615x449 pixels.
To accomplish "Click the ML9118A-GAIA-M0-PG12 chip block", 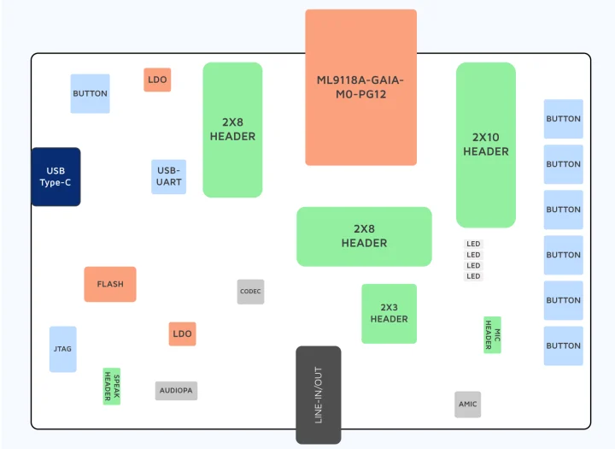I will pos(360,87).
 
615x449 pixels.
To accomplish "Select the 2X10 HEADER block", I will pos(485,145).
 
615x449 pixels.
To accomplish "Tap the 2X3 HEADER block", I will pos(389,314).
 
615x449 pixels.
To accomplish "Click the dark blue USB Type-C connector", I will pos(56,176).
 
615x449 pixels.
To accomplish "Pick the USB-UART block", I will pos(168,177).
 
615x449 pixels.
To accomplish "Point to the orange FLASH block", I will pos(109,284).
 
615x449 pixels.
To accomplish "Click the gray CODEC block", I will pos(250,292).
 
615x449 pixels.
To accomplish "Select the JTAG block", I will pos(62,349).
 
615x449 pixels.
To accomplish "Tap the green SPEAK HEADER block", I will pos(112,387).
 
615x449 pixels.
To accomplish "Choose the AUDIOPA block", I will pos(177,391).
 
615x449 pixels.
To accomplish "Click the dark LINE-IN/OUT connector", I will pos(319,394).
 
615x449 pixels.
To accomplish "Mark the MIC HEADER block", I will pos(492,334).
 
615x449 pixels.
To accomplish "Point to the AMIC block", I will pos(467,405).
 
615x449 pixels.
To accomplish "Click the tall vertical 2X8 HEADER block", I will pos(232,130).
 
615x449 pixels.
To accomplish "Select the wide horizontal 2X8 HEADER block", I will pos(364,236).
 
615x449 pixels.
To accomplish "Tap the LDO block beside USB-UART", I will pos(157,80).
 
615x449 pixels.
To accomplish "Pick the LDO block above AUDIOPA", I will pos(182,334).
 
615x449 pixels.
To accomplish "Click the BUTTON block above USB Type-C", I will pos(90,93).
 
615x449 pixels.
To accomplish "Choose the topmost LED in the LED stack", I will pos(473,245).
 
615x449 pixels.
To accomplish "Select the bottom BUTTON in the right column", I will pos(563,346).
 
